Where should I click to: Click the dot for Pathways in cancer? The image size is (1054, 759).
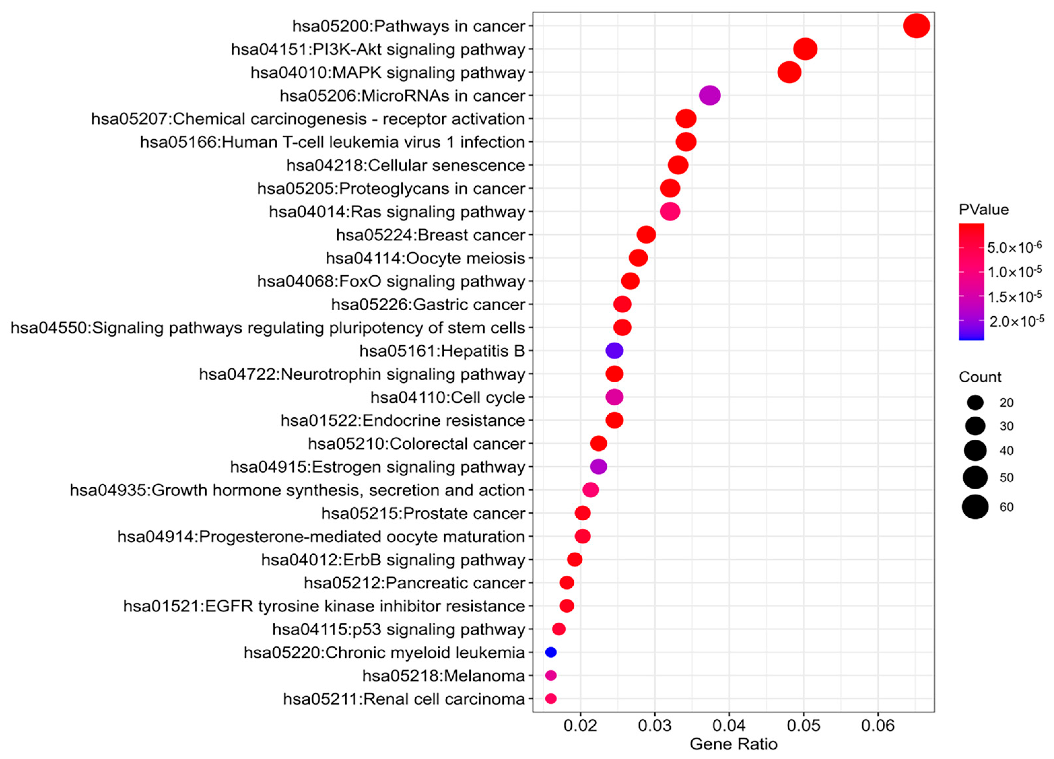pos(916,26)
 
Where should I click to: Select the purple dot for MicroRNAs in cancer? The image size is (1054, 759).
pos(710,96)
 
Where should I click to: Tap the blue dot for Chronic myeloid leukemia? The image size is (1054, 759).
pos(551,652)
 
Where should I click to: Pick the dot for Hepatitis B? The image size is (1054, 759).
pos(614,351)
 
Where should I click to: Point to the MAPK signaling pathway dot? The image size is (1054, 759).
pos(789,73)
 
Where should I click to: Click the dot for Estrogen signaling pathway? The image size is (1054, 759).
pos(598,466)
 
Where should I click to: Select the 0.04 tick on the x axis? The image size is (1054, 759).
pos(729,726)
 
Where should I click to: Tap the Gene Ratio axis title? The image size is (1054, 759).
pos(733,744)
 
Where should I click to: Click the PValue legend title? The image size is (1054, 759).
pos(983,210)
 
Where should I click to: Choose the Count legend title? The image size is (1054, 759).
pos(980,377)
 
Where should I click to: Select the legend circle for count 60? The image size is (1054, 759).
pos(975,507)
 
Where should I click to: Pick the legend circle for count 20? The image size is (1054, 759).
pos(975,402)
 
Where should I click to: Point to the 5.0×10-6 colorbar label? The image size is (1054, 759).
pos(1014,247)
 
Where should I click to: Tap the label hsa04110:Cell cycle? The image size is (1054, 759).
pos(448,397)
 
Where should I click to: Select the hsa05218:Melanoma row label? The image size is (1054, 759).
pos(443,676)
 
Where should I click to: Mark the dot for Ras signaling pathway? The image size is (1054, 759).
pos(670,212)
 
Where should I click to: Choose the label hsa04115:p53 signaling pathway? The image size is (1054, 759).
pos(398,629)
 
